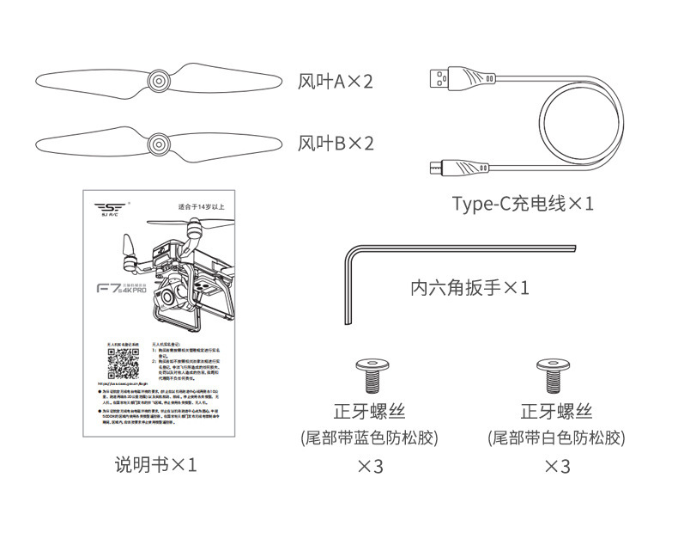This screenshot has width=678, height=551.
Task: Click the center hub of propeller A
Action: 158,82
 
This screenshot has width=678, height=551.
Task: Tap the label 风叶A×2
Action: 336,83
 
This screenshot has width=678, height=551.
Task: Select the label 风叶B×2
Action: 336,144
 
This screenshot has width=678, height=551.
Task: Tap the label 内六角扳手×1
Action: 469,287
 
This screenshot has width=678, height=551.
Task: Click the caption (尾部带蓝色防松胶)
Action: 370,438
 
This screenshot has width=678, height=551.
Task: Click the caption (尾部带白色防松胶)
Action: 556,438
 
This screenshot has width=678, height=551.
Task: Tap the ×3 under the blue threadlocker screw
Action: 370,467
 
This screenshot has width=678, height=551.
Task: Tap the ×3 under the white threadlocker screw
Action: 557,467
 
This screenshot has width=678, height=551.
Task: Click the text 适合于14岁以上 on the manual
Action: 198,207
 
